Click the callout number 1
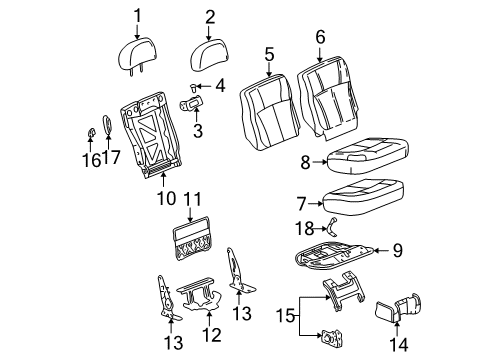(x=139, y=15)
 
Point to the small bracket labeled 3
(x=192, y=103)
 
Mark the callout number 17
(x=111, y=158)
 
